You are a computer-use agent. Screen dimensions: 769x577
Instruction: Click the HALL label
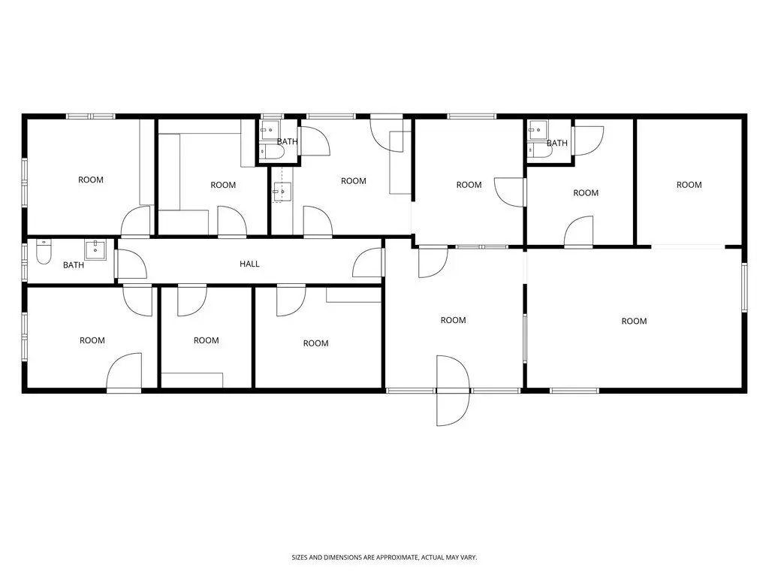pos(249,264)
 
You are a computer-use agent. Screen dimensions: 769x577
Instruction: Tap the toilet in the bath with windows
pos(44,252)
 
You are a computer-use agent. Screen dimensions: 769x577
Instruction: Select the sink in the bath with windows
pos(95,249)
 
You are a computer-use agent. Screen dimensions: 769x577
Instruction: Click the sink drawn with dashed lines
pos(282,192)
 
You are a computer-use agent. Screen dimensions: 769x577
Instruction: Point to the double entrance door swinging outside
pos(453,391)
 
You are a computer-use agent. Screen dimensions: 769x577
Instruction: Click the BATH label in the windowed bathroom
pos(74,265)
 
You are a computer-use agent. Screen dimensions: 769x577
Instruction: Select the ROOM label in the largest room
pos(634,321)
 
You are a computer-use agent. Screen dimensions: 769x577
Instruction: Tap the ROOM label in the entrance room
pos(453,320)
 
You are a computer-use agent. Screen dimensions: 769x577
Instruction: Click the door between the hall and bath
pos(131,264)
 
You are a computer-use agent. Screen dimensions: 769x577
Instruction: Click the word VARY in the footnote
pos(469,557)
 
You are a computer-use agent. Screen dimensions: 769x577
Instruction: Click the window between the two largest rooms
pos(525,338)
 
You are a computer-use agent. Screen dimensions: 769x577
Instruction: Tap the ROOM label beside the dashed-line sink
pos(354,181)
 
